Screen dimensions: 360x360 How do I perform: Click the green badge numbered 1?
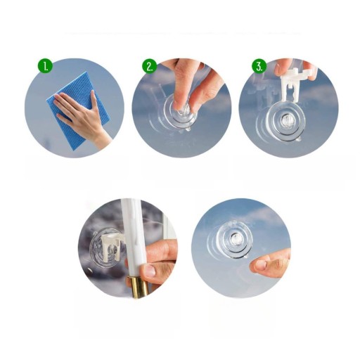[x=45, y=66]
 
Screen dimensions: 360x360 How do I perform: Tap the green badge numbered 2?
[x=149, y=66]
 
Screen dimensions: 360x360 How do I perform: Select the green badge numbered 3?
[x=259, y=66]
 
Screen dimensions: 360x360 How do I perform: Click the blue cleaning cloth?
[x=77, y=110]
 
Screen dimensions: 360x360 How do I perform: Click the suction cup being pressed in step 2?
[x=180, y=112]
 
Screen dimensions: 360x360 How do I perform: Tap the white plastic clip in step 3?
[x=296, y=84]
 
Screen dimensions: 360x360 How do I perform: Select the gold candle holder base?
[x=138, y=286]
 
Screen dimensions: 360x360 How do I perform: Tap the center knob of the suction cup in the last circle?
[x=234, y=240]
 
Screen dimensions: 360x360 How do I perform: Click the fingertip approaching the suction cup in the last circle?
[x=258, y=265]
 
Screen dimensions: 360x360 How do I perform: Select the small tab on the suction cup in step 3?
[x=299, y=140]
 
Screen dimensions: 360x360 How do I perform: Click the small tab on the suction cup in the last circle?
[x=245, y=257]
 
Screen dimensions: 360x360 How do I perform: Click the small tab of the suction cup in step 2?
[x=188, y=129]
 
